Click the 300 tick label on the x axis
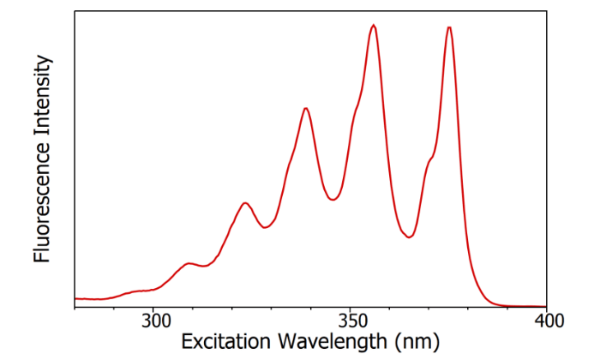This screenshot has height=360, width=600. coord(153,321)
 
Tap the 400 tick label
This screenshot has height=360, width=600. coord(546,321)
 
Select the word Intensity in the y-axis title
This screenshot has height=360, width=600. coord(44,98)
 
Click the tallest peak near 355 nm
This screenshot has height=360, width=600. coord(373,25)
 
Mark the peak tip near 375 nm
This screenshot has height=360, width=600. coord(449,27)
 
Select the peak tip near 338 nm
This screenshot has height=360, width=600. coord(306,108)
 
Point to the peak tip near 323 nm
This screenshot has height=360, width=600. coord(246,203)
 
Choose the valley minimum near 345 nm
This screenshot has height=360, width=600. coord(333,200)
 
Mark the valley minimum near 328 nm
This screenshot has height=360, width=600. coord(266,228)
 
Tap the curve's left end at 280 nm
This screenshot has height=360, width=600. coord(75,298)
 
